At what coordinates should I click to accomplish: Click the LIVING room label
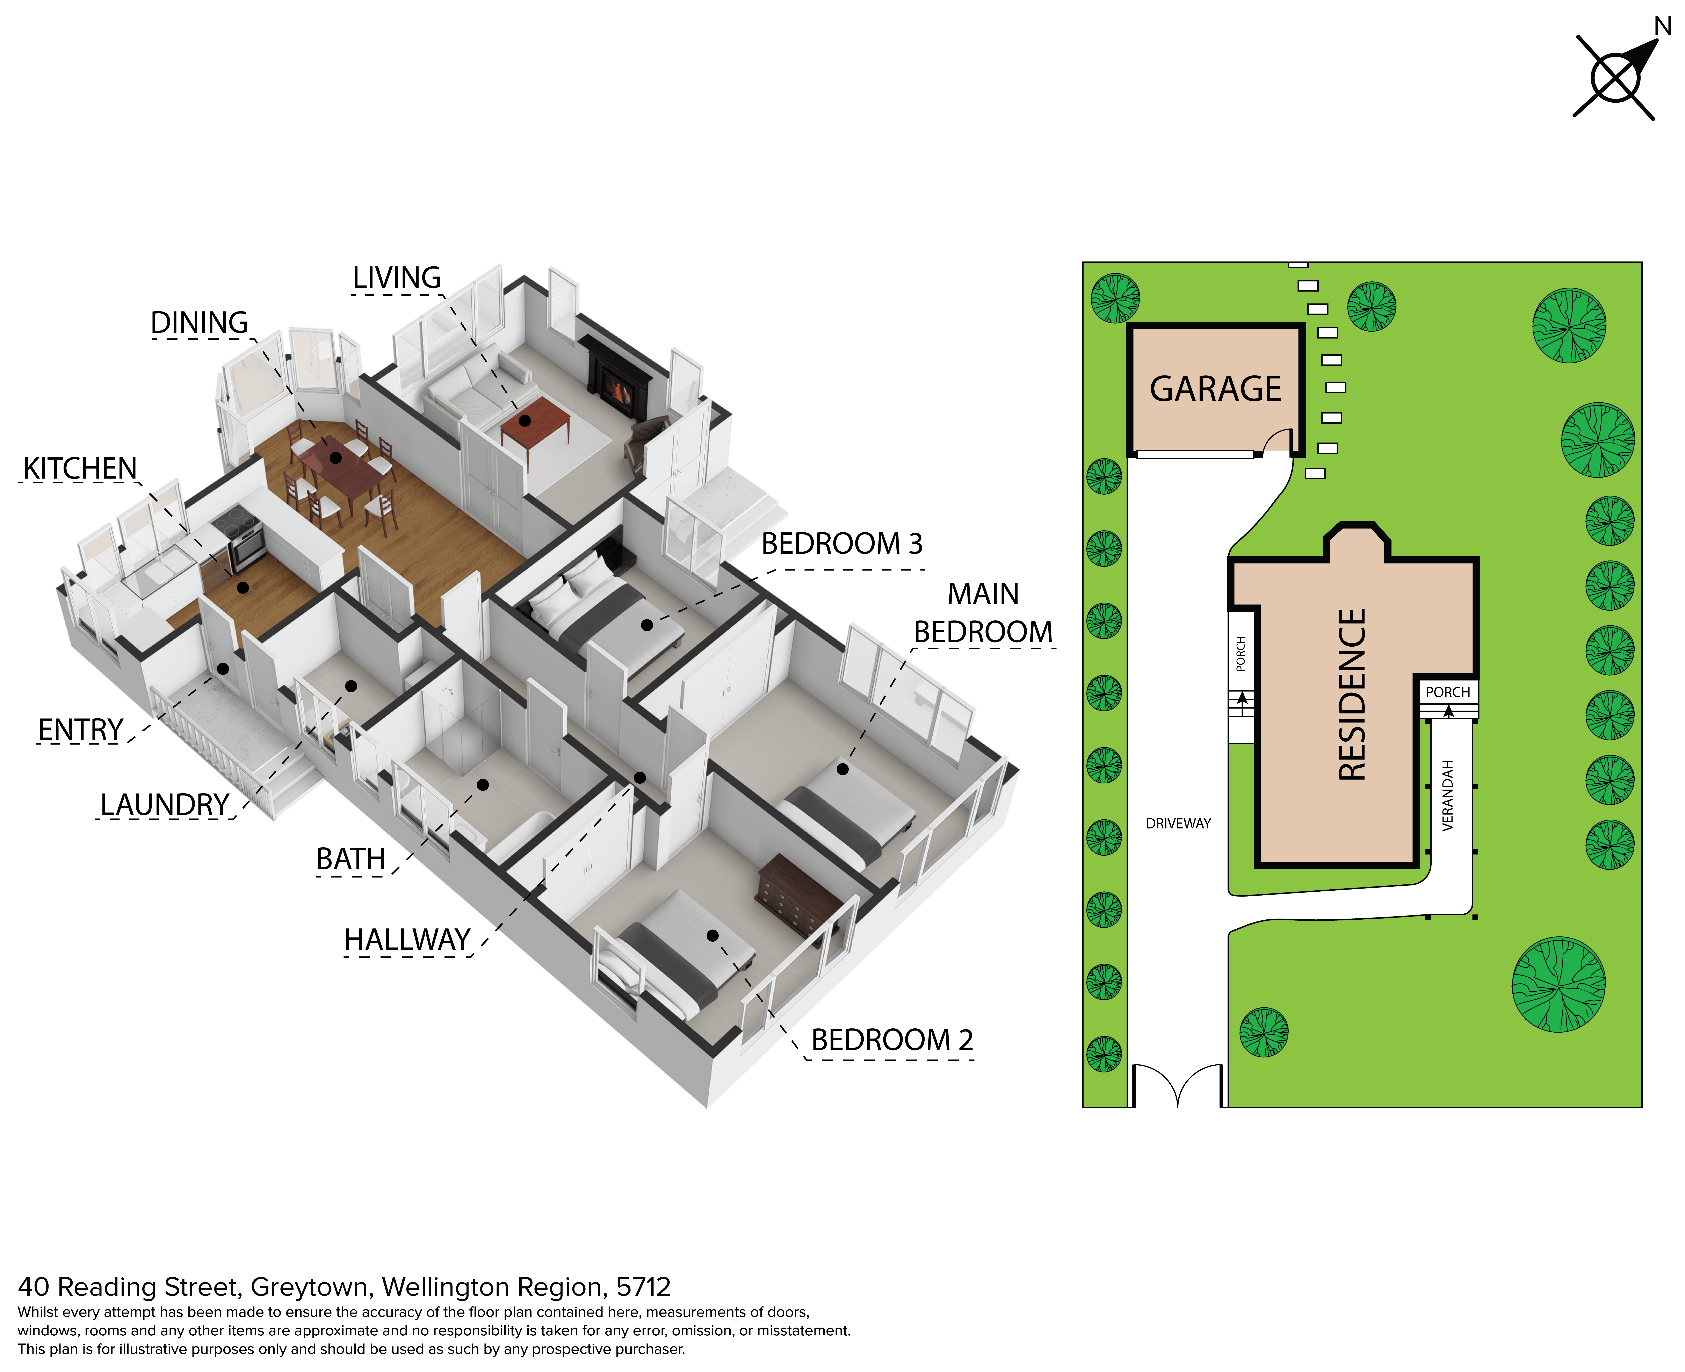pyautogui.click(x=397, y=278)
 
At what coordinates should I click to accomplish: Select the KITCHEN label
pyautogui.click(x=80, y=469)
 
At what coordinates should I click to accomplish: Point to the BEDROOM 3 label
pyautogui.click(x=842, y=544)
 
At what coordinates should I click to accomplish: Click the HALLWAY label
pyautogui.click(x=408, y=940)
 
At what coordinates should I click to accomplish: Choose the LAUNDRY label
pyautogui.click(x=164, y=805)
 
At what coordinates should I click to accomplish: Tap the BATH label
pyautogui.click(x=351, y=859)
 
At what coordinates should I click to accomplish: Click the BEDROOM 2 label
pyautogui.click(x=892, y=1040)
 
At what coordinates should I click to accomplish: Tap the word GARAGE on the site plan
pyautogui.click(x=1215, y=389)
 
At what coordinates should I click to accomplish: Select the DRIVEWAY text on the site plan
pyautogui.click(x=1178, y=824)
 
